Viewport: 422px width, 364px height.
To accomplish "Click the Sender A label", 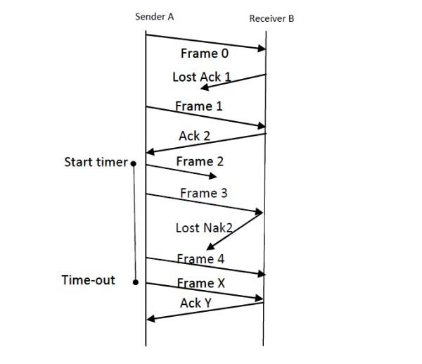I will [154, 15].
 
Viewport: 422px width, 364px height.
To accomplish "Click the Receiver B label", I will [271, 18].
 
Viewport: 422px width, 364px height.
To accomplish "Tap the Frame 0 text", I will [205, 53].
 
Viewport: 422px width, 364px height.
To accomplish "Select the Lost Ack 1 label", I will [202, 77].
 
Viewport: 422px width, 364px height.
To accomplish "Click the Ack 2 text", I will [194, 136].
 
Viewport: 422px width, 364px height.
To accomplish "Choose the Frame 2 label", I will [200, 162].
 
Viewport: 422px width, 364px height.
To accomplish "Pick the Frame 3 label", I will [203, 193].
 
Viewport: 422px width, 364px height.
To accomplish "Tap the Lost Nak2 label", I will [204, 228].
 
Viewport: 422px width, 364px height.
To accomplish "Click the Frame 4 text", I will [200, 259].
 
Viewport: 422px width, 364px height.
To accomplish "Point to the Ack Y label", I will [196, 303].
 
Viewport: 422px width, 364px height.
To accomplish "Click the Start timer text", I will [96, 163].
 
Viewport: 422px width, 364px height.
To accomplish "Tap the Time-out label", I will [89, 280].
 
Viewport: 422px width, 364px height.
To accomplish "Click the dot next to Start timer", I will [134, 164].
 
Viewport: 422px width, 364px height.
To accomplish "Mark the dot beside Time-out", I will [134, 282].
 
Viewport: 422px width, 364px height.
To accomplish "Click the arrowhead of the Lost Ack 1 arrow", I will [203, 88].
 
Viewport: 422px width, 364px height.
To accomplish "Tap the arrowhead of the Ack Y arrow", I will [149, 319].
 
